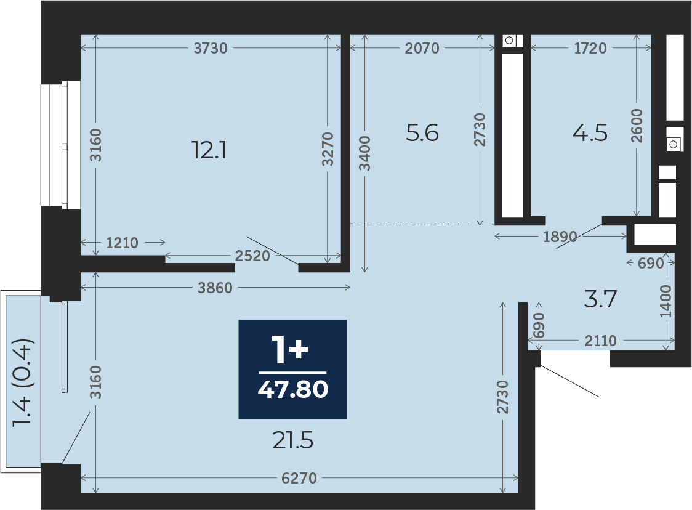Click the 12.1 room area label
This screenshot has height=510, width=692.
pyautogui.click(x=209, y=150)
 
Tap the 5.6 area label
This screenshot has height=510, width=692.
pyautogui.click(x=422, y=133)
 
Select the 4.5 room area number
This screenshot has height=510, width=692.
pyautogui.click(x=590, y=133)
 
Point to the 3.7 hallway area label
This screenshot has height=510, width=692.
pyautogui.click(x=600, y=299)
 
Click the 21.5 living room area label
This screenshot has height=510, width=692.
pyautogui.click(x=292, y=440)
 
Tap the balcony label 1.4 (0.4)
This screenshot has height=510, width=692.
pyautogui.click(x=23, y=382)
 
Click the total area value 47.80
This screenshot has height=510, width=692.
pyautogui.click(x=293, y=389)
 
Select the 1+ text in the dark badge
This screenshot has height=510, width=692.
pyautogui.click(x=290, y=350)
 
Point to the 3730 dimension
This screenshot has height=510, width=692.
pyautogui.click(x=211, y=48)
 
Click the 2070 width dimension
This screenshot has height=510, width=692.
pyautogui.click(x=422, y=48)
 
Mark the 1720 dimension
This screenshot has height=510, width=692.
pyautogui.click(x=590, y=48)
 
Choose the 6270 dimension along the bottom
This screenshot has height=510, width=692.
pyautogui.click(x=299, y=478)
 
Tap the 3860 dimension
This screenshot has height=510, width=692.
pyautogui.click(x=215, y=288)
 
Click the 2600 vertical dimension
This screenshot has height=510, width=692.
pyautogui.click(x=637, y=126)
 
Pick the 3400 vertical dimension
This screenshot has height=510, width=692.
pyautogui.click(x=364, y=153)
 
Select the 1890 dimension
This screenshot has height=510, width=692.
pyautogui.click(x=560, y=237)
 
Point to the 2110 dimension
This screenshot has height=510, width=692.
pyautogui.click(x=601, y=341)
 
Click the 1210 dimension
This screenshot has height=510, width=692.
pyautogui.click(x=123, y=243)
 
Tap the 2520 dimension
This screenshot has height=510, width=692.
pyautogui.click(x=252, y=256)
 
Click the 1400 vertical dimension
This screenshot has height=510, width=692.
pyautogui.click(x=666, y=301)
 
